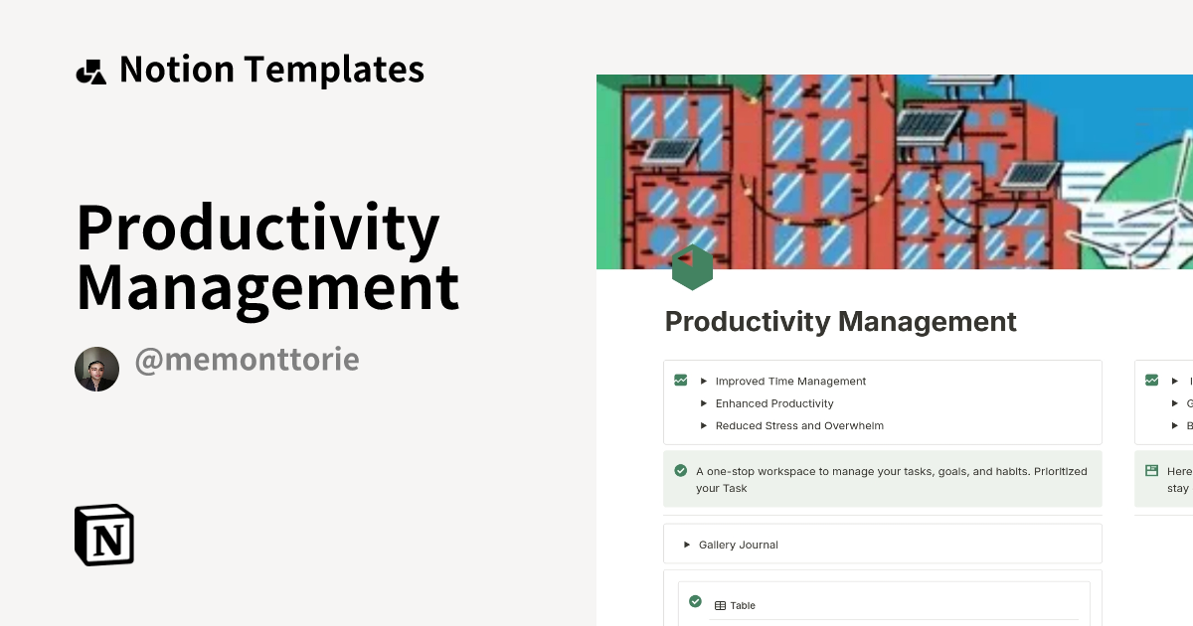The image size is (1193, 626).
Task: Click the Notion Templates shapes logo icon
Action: click(x=90, y=72)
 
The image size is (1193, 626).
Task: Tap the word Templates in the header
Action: click(x=334, y=70)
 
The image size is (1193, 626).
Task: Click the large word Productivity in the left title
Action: click(x=257, y=228)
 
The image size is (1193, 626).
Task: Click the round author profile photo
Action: click(x=96, y=370)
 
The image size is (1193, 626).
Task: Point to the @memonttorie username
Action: click(x=247, y=360)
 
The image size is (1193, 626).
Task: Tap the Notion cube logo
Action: click(x=104, y=535)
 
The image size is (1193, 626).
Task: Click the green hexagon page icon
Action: click(x=692, y=267)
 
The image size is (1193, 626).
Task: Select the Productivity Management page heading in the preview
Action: click(x=840, y=322)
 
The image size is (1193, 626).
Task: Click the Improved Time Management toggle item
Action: click(x=790, y=382)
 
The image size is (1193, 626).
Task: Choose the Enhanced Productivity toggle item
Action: click(x=774, y=403)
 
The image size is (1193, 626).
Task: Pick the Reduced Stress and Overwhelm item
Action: click(x=799, y=426)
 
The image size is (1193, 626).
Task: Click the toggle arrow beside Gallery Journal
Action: click(x=686, y=545)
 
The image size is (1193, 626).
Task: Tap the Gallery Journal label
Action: click(x=738, y=545)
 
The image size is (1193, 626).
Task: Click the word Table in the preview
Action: click(x=743, y=605)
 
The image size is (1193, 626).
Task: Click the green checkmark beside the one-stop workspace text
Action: click(x=681, y=471)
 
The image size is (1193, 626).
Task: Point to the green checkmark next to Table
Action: click(x=695, y=602)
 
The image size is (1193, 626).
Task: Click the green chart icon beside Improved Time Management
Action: click(x=681, y=380)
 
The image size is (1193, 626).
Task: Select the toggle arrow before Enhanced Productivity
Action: click(x=703, y=403)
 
